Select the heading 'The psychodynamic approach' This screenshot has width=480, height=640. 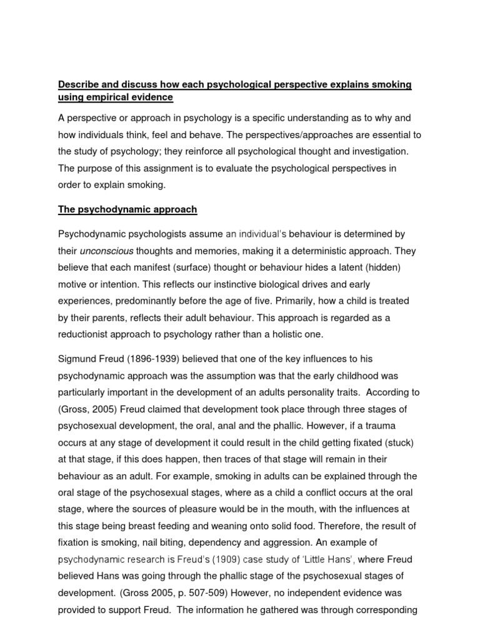point(127,210)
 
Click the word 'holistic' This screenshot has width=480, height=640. point(283,335)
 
